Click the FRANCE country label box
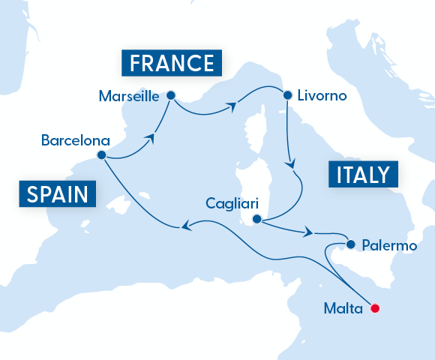tap(172, 63)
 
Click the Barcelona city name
tap(76, 139)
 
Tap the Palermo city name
tap(388, 244)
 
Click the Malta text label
tap(343, 307)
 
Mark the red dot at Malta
tap(376, 307)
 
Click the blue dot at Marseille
tap(170, 95)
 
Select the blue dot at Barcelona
tap(101, 156)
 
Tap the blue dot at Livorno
tap(286, 95)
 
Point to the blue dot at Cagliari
tap(256, 220)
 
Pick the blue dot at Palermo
tap(350, 244)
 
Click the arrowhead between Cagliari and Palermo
tap(307, 233)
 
